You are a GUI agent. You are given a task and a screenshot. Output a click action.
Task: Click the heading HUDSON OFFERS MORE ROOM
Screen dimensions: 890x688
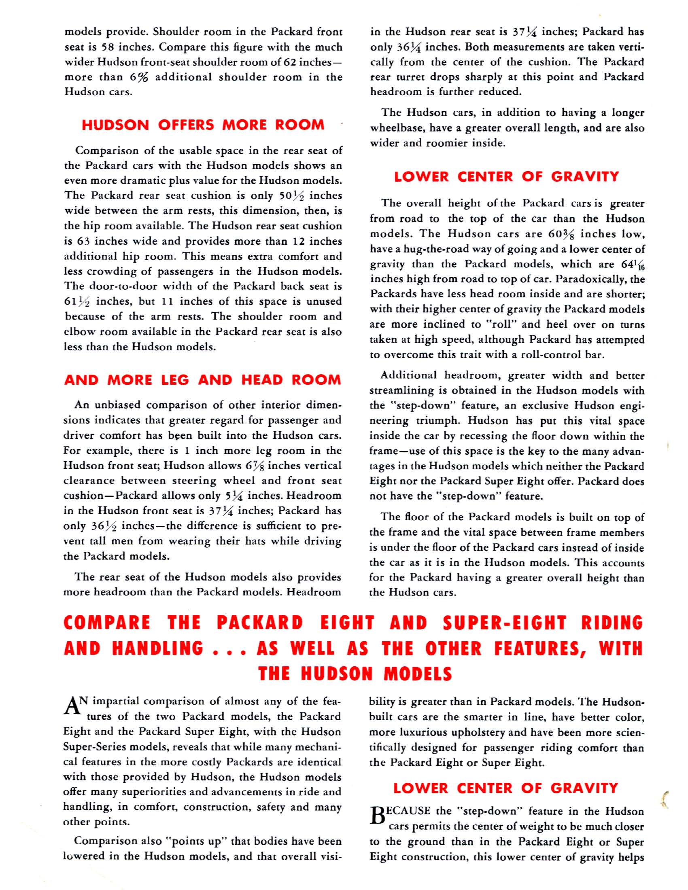(x=203, y=125)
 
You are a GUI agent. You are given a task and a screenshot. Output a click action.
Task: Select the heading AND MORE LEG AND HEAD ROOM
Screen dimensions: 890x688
(x=203, y=380)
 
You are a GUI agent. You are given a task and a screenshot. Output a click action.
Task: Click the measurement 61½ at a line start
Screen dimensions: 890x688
(x=76, y=301)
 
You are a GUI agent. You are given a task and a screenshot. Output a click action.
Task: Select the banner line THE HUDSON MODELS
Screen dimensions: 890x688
(x=355, y=674)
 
